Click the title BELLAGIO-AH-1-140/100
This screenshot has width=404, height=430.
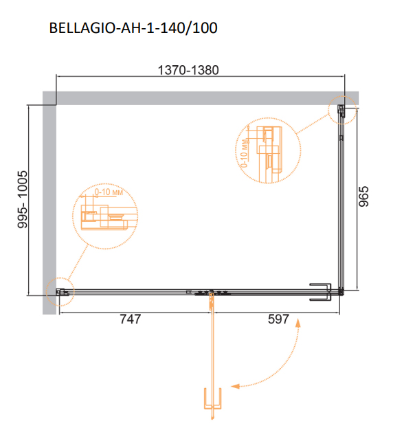tap(133, 27)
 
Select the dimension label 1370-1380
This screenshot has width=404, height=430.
tap(188, 70)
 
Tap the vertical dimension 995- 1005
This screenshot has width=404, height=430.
tap(23, 199)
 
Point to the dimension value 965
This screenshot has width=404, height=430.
tap(364, 196)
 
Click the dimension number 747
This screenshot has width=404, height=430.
tap(131, 319)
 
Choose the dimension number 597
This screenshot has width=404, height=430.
tap(278, 319)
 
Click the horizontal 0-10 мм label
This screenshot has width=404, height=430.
tap(109, 192)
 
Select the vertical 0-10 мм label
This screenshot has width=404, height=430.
tap(244, 154)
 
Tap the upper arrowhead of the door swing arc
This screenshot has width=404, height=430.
tap(298, 323)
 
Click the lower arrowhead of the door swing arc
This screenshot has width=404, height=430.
tap(236, 386)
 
